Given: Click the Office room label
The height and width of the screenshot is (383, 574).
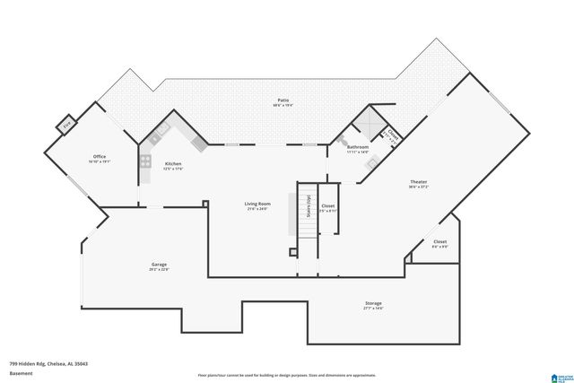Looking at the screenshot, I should point(100,157).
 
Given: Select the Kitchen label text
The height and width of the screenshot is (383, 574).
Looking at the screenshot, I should point(173,163).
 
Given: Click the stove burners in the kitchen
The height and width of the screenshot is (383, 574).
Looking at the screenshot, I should point(144,161).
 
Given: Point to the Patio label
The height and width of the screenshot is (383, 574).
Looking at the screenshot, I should point(283,100).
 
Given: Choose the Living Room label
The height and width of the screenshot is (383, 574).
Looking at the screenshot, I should point(257,204).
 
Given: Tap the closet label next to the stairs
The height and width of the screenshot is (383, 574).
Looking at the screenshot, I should point(328,206).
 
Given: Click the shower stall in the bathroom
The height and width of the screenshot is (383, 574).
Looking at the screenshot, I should point(366,126).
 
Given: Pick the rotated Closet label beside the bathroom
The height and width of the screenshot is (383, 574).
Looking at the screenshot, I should point(392,136).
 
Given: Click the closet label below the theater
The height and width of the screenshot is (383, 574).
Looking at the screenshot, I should point(439,242).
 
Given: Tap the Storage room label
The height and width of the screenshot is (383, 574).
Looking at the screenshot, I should point(373,304).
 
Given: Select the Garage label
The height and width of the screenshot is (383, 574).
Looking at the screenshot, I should point(159,265).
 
